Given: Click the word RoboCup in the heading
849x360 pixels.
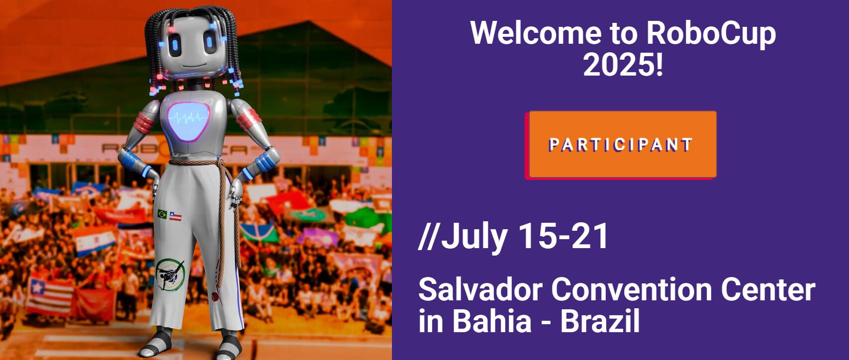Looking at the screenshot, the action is [x=711, y=33].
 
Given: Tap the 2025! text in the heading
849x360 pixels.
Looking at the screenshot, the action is [x=623, y=65].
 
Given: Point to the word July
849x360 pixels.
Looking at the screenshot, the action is [x=474, y=236].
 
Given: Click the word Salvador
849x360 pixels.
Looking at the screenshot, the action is [x=480, y=290].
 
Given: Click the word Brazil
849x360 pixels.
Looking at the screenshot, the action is [x=600, y=320].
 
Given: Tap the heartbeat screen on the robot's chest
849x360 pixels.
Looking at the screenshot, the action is [x=189, y=122].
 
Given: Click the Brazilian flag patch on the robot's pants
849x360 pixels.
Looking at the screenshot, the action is [x=162, y=214].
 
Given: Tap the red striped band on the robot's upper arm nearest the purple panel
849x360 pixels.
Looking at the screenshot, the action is [x=249, y=118].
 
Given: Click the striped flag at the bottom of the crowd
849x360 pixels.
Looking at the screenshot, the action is [x=50, y=297].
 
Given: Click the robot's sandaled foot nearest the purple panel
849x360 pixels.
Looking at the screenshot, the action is [x=228, y=347].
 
